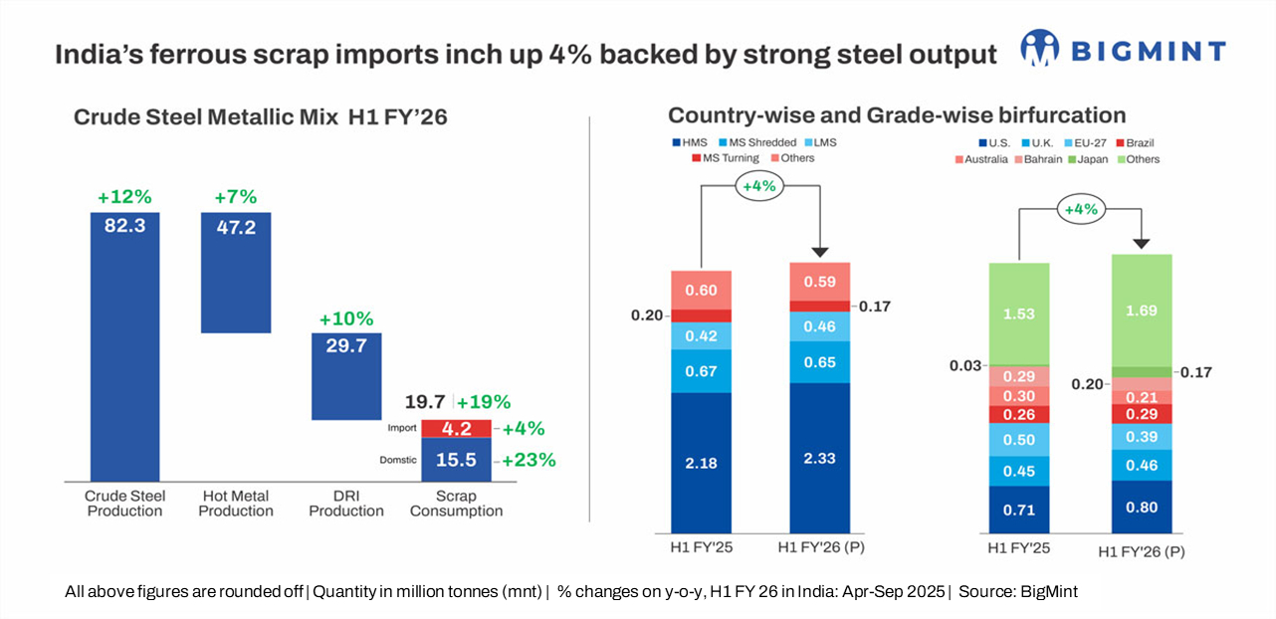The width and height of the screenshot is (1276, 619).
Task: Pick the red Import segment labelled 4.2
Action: pos(456,429)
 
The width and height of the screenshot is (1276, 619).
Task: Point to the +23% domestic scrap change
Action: pos(529,461)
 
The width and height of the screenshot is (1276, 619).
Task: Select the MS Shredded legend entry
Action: pos(756,142)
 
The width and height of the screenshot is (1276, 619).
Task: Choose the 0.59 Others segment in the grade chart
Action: pos(819,282)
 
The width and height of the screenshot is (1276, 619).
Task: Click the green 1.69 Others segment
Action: pos(1142,309)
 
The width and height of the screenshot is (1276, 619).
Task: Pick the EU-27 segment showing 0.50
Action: pos(1018,440)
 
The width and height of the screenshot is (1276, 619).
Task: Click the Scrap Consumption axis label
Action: pos(456,504)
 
